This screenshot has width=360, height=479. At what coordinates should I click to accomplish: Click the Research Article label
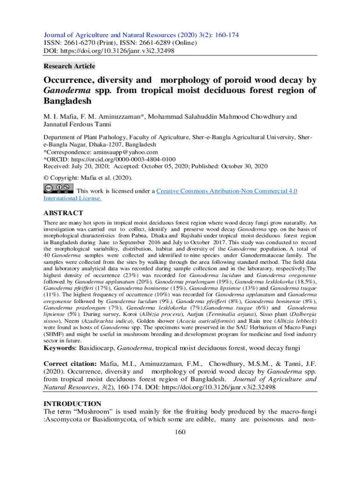69,66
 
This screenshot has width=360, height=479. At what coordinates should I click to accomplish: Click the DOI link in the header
119,51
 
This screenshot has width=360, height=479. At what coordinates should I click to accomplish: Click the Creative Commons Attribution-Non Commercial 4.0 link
227,191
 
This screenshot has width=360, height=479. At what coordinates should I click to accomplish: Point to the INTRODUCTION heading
72,403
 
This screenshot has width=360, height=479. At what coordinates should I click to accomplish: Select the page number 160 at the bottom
180,432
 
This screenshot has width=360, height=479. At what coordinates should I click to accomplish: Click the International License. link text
72,198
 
